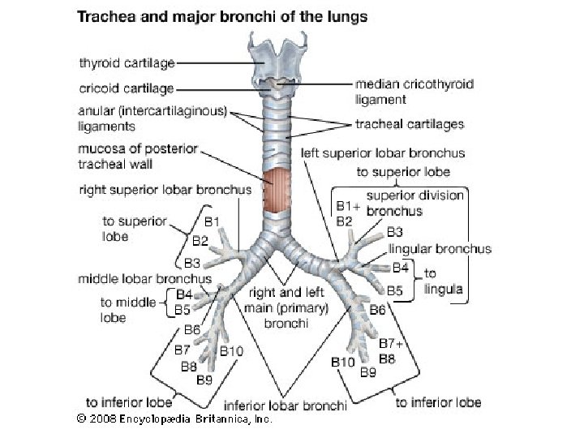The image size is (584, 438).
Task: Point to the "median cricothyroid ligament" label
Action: point(414,91)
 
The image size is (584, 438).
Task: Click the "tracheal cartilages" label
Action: point(410,124)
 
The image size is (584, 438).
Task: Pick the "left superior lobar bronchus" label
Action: point(383,152)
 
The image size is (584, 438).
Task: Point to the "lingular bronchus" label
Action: point(439,249)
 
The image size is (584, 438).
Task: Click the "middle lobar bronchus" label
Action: point(144,278)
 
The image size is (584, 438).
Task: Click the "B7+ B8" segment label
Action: point(391,351)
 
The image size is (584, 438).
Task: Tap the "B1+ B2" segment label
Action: point(345,213)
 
